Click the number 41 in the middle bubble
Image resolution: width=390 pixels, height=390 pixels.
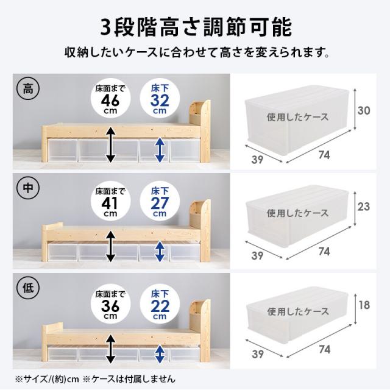click(x=110, y=203)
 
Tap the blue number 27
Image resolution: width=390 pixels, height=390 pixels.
click(x=159, y=203)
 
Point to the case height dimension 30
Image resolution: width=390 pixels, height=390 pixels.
click(x=364, y=110)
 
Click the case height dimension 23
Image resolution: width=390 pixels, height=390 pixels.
click(x=364, y=207)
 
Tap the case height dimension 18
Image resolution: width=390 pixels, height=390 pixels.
click(x=364, y=305)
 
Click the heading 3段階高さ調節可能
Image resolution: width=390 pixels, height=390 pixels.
click(x=195, y=27)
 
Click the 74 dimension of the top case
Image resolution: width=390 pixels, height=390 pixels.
click(x=324, y=155)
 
